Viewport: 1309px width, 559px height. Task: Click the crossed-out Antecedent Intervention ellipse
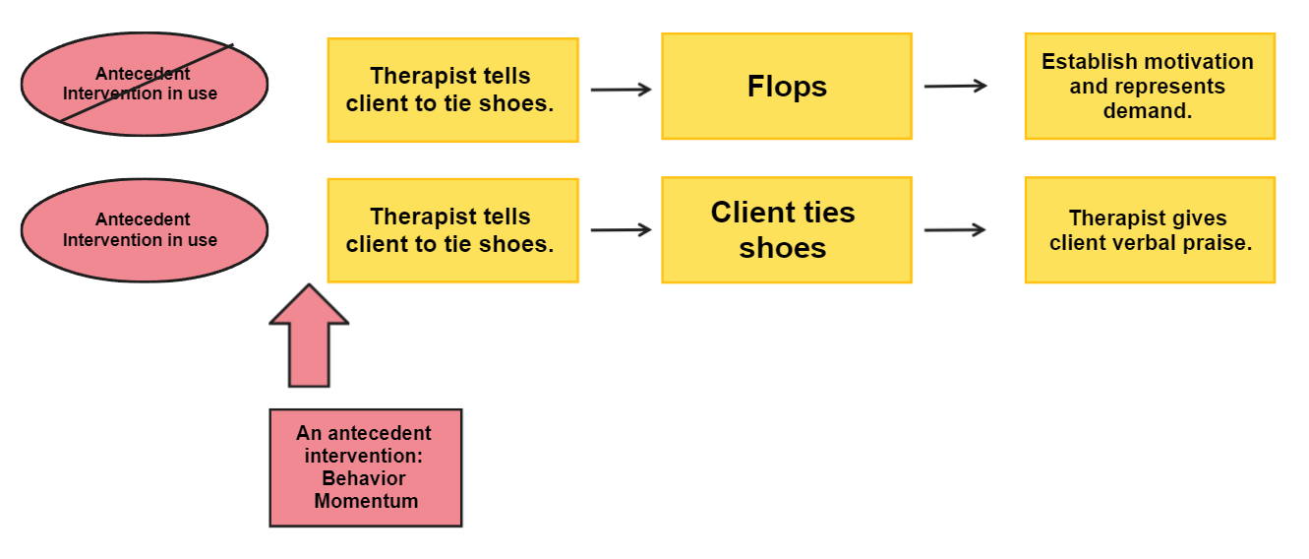pyautogui.click(x=144, y=85)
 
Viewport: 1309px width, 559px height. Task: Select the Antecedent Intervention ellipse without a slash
pyautogui.click(x=144, y=230)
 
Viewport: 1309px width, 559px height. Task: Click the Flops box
pyautogui.click(x=786, y=87)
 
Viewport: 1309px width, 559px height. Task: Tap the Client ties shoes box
pyautogui.click(x=786, y=230)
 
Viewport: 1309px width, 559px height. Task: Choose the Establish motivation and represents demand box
pyautogui.click(x=1149, y=87)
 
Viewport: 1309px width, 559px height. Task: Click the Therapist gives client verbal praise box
pyautogui.click(x=1149, y=230)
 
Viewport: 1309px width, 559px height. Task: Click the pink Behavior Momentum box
pyautogui.click(x=365, y=467)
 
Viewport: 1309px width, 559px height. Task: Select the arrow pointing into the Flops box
pyautogui.click(x=621, y=90)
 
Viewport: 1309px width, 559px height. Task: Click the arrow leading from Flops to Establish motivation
pyautogui.click(x=955, y=87)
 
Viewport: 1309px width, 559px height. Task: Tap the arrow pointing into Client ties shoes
pyautogui.click(x=621, y=230)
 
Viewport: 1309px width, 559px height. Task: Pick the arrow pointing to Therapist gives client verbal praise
pyautogui.click(x=955, y=230)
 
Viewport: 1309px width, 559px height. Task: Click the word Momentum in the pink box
pyautogui.click(x=366, y=501)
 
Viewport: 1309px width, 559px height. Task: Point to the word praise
pyautogui.click(x=1220, y=242)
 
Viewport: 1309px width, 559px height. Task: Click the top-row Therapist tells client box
pyautogui.click(x=452, y=90)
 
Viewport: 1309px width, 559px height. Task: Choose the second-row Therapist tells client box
pyautogui.click(x=452, y=230)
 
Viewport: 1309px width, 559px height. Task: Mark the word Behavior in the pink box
pyautogui.click(x=364, y=478)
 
